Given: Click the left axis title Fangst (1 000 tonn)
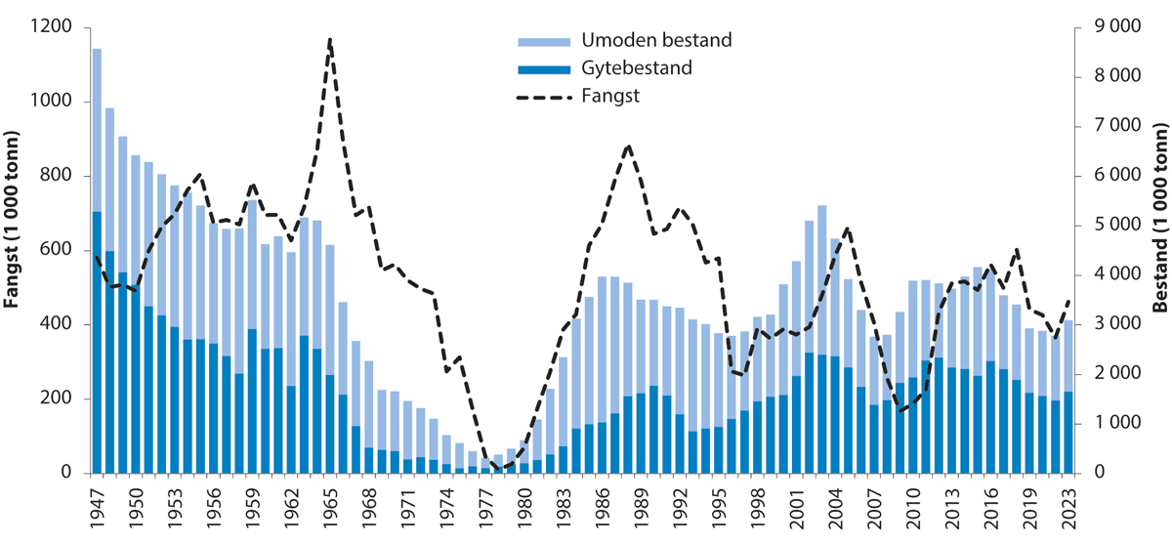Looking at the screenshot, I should pos(13,249).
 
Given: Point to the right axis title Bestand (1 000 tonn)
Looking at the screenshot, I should pos(1160,249).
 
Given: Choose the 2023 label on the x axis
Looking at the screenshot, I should pos(1067,507).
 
